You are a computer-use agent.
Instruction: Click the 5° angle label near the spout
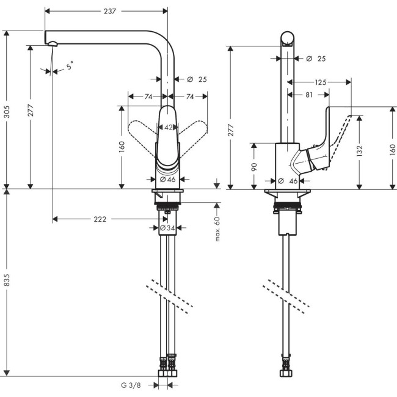[x=70, y=65]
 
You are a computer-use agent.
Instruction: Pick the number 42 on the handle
[x=168, y=127]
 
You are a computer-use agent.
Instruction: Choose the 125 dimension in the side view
[x=321, y=81]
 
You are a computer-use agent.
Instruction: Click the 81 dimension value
[x=308, y=94]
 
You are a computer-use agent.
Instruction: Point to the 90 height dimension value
[x=254, y=166]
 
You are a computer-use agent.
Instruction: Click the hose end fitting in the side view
[x=286, y=371]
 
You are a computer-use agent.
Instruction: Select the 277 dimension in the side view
[x=231, y=116]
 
